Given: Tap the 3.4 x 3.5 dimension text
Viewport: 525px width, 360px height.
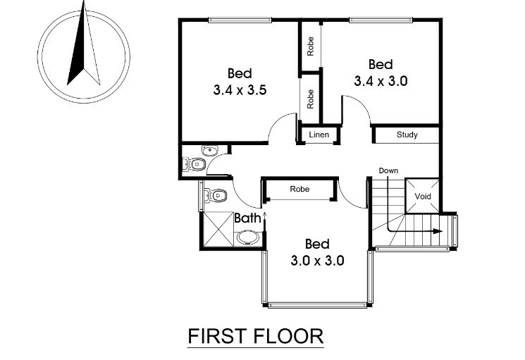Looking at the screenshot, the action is pos(240,90).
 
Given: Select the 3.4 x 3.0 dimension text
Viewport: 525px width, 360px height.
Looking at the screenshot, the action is pos(381,81).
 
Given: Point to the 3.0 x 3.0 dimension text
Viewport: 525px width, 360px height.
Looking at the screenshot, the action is pos(317,260).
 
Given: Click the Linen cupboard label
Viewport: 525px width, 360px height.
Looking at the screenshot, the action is pos(319,135).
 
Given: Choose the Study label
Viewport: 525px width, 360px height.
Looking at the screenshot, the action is pos(407,135).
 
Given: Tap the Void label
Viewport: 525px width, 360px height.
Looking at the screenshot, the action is pos(423,196).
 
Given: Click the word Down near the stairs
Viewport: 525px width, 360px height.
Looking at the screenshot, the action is pos(388,170).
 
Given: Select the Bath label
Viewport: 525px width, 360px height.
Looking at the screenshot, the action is pos(247,218).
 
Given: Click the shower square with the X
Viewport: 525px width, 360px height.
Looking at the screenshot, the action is pos(218,229).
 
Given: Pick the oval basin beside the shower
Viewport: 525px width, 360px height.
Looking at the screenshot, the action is pos(248,238).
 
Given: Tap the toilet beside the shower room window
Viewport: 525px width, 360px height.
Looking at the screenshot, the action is pos(216,195).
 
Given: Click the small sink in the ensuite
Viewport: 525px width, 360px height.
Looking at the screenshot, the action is pos(210,151).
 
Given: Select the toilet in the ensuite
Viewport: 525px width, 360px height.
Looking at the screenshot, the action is pos(194,164).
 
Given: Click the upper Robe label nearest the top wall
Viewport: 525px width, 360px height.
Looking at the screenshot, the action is pos(310,46).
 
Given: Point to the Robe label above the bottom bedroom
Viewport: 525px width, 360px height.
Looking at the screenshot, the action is pos(299,189).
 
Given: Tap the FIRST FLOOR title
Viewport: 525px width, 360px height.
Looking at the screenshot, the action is pos(256,336).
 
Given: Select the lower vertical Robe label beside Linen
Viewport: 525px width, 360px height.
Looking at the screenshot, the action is pos(310,99).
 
